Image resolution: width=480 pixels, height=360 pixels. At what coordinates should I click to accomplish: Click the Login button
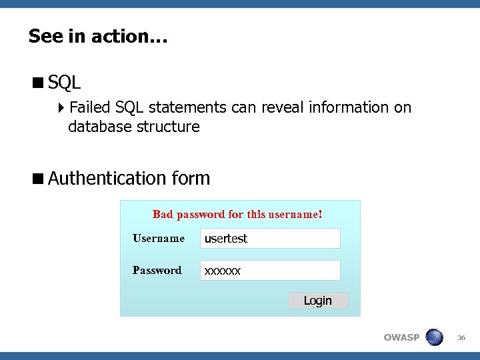pos(318,301)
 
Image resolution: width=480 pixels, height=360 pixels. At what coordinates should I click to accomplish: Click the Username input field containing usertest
pos(270,239)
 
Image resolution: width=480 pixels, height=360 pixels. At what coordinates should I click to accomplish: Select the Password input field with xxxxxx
pos(270,271)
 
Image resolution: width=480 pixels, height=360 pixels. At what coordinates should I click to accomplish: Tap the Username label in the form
pos(159,239)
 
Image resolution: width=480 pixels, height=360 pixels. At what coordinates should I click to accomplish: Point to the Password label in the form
pos(157,271)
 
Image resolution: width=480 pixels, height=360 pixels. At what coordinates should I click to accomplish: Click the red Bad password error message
pos(237,215)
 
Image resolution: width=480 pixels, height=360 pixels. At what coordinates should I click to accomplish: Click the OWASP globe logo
pos(434,337)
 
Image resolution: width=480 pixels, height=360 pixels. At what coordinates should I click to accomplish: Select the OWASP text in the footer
pos(401,337)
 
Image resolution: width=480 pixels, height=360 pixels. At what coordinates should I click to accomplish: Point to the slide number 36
pos(461,338)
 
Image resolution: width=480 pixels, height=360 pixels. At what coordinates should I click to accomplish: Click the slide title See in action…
pos(98,36)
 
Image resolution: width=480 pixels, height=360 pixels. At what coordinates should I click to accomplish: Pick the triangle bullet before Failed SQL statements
pos(61,107)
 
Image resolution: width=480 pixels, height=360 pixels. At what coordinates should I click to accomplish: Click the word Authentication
pos(107,179)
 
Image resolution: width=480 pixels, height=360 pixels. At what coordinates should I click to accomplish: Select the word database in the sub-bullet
pos(99,127)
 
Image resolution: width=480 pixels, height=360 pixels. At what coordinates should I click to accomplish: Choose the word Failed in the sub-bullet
pos(90,107)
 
